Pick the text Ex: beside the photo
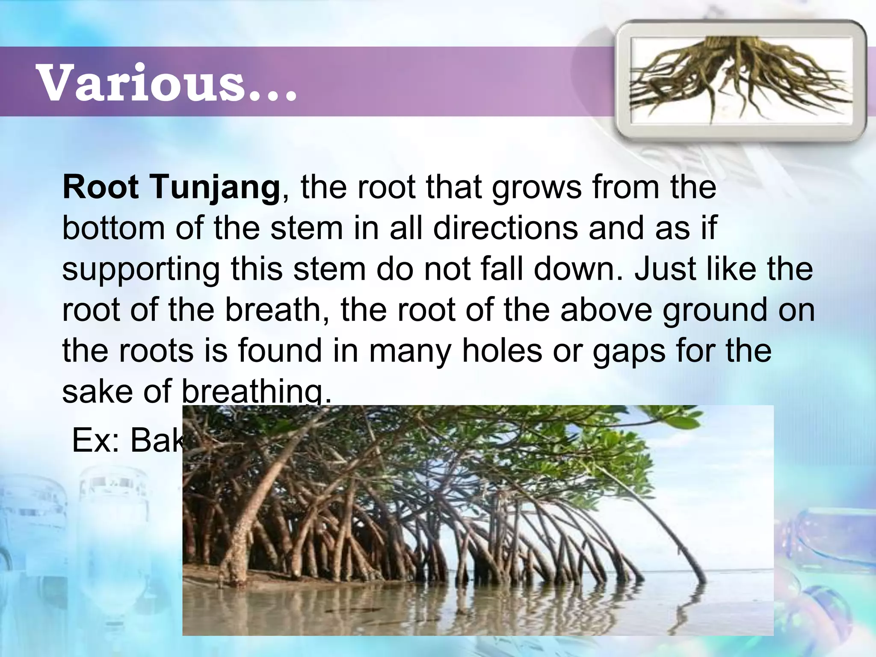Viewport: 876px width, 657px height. point(96,441)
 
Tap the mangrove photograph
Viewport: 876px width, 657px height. point(478,520)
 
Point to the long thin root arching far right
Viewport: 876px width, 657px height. point(667,526)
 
